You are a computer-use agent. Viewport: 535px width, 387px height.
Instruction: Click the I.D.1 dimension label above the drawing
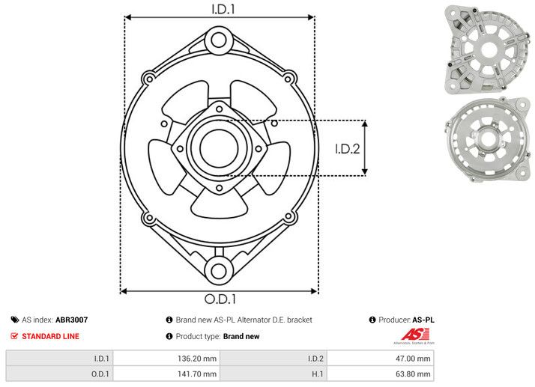[x=223, y=9]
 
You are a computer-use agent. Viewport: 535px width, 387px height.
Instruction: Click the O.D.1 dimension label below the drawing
[x=220, y=299]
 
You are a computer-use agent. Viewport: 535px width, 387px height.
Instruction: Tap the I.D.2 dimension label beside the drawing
[x=348, y=149]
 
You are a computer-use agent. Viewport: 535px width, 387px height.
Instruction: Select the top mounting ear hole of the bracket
[x=219, y=40]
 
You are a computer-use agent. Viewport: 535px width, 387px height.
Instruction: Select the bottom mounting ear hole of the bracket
[x=219, y=272]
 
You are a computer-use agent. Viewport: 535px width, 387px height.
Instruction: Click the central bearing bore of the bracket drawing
[x=219, y=148]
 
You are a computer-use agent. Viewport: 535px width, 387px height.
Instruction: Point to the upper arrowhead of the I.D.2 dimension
[x=365, y=124]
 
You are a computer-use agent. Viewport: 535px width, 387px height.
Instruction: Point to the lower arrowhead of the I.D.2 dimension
[x=365, y=172]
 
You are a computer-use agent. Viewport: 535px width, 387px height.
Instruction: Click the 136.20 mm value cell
[x=166, y=359]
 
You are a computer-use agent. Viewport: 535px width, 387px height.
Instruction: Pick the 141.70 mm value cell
[x=166, y=374]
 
